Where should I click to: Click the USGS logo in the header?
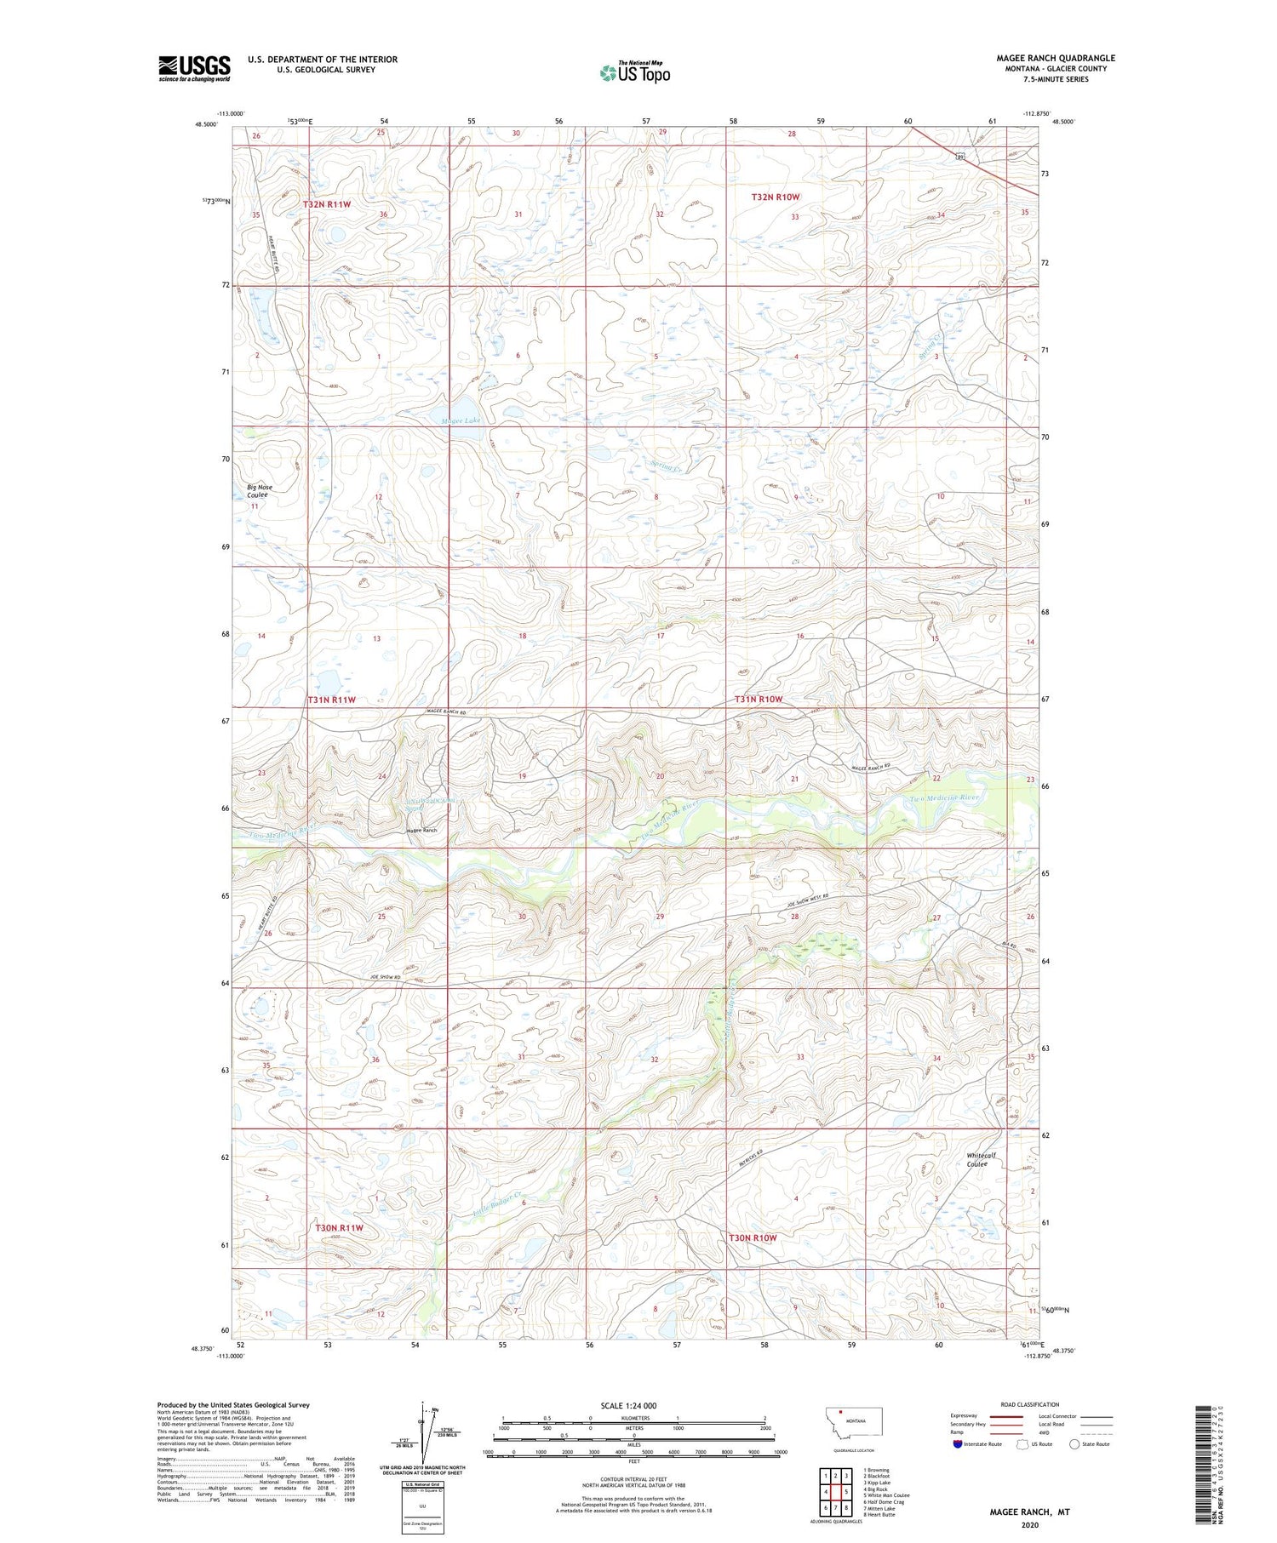pyautogui.click(x=194, y=68)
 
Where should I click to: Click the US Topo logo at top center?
pyautogui.click(x=634, y=72)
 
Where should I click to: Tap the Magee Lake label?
pyautogui.click(x=461, y=420)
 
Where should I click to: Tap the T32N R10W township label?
pyautogui.click(x=775, y=197)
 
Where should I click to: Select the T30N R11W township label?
pyautogui.click(x=339, y=1227)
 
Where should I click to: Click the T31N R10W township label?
pyautogui.click(x=758, y=699)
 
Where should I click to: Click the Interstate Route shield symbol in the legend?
pyautogui.click(x=957, y=1444)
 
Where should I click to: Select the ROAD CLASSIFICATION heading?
pyautogui.click(x=1030, y=1404)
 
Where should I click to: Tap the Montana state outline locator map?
pyautogui.click(x=855, y=1420)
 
